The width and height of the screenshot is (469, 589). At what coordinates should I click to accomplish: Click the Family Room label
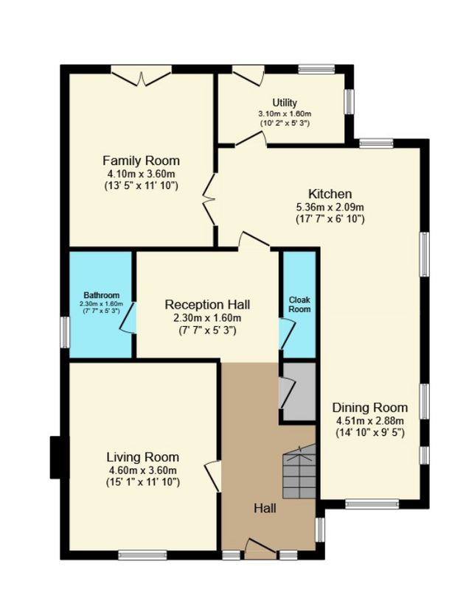pos(141,161)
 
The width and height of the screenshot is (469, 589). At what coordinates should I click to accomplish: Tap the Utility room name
pos(285,103)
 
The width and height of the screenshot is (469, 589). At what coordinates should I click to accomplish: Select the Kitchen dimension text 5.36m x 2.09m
pos(330,207)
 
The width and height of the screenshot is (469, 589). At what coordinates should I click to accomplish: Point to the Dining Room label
pos(369,408)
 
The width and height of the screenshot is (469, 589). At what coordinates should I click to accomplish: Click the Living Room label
pos(143,457)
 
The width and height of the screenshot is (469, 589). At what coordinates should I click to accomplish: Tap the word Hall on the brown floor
pos(265,508)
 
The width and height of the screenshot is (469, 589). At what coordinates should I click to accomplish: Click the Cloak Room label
pos(299,305)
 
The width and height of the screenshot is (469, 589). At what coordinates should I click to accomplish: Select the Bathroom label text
pos(102,295)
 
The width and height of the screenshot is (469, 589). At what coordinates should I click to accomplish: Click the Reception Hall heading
pos(207,305)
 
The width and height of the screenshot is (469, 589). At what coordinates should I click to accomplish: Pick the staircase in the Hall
pos(299,471)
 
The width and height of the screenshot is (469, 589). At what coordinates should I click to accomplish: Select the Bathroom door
pos(128,317)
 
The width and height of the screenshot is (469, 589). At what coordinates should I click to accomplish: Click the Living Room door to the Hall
pos(213,476)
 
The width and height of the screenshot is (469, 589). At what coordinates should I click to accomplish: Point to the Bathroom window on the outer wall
pos(65,333)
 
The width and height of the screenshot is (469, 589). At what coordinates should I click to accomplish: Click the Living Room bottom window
pos(142,555)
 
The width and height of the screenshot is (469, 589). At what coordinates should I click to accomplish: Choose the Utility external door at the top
pos(249,76)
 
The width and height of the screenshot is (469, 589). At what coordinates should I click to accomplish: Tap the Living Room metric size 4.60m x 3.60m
pos(143,470)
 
